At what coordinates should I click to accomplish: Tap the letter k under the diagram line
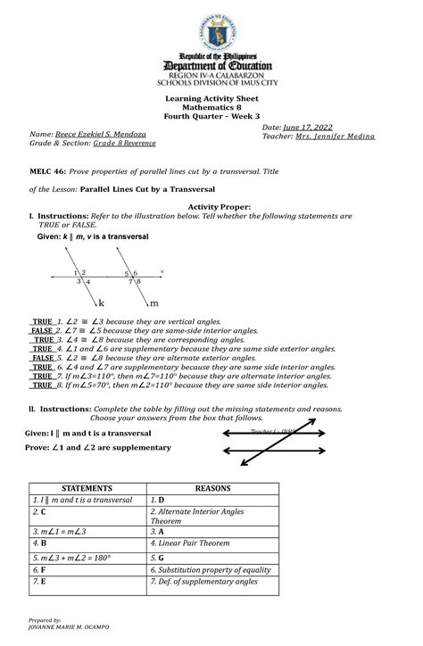pos(101,302)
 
